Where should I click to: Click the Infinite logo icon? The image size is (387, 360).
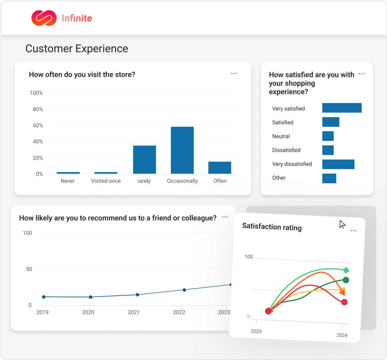coord(44,18)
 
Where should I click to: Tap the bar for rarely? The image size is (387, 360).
coord(144,159)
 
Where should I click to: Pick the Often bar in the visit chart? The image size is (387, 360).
coord(220,167)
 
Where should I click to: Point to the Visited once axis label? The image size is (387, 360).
coord(106,181)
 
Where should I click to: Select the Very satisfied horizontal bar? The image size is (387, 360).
coord(342,108)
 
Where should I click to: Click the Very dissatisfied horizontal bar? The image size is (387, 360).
coord(338,164)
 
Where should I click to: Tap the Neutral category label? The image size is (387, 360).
coord(281,136)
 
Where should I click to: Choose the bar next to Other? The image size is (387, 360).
coord(329,178)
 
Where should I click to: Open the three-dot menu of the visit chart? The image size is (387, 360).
coord(234,73)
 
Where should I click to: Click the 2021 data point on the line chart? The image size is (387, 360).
coord(137,295)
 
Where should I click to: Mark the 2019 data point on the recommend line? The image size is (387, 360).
coord(44,297)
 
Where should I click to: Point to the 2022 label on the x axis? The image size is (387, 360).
coord(179,312)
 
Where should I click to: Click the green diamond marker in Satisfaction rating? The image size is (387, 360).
coord(346,270)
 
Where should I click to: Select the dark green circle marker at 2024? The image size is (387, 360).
coord(346,280)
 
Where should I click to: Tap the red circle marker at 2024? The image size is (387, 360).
coord(344,302)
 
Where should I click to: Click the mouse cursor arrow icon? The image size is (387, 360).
coord(342,225)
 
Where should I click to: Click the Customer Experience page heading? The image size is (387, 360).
coord(76,49)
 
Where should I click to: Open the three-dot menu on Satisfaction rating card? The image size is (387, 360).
coord(353,231)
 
